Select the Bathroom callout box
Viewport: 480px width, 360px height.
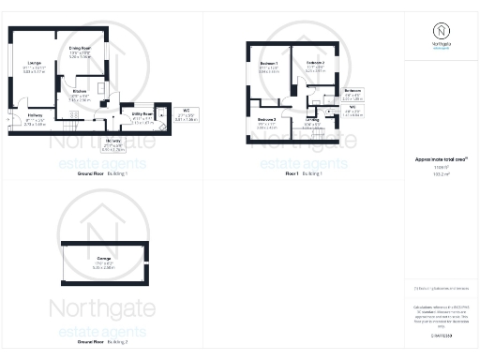point(352,96)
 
